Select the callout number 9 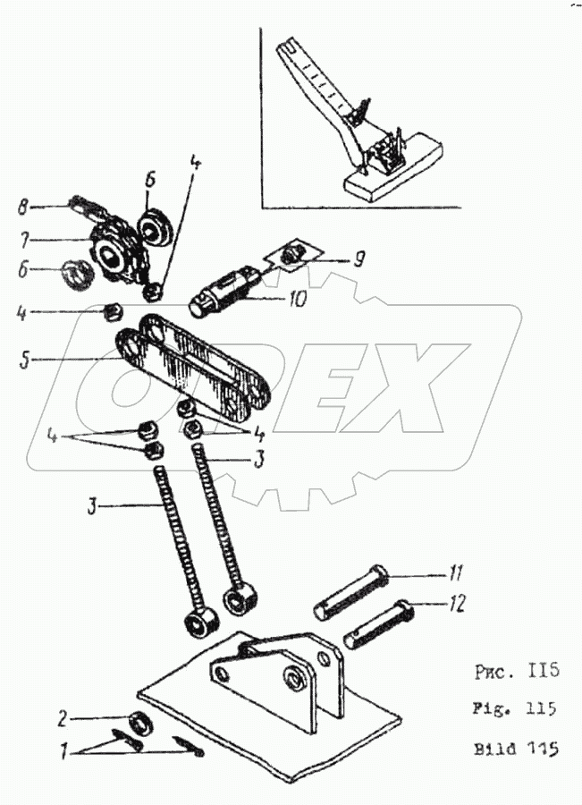tap(358, 261)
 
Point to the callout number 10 tap(297, 299)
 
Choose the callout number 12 tap(457, 606)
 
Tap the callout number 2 tap(62, 716)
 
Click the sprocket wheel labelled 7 tap(111, 253)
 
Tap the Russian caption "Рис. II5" tap(512, 670)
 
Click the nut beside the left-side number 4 tap(114, 312)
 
